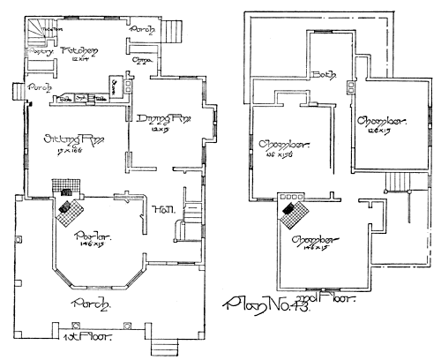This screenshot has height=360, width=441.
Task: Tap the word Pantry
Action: [38, 51]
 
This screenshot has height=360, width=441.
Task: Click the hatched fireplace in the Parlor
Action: [68, 208]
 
